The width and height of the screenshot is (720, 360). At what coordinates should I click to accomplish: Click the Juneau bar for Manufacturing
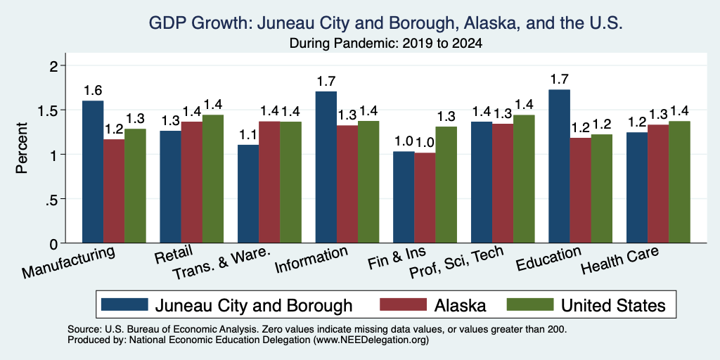coord(93,172)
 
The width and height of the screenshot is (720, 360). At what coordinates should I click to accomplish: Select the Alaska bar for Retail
coord(191,182)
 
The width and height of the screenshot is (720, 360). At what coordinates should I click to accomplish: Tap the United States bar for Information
coord(368,182)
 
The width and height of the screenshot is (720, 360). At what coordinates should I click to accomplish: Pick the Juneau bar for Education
coord(559,166)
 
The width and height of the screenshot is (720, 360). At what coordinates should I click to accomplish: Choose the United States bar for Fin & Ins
coord(446,185)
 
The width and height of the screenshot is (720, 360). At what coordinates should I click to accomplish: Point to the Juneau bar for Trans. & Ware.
coord(248,194)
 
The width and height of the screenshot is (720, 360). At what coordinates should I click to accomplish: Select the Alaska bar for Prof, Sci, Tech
coord(502,184)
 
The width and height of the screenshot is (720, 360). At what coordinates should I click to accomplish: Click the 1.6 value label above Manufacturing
coord(93,91)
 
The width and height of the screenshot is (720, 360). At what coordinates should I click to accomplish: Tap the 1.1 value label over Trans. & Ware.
coord(248,134)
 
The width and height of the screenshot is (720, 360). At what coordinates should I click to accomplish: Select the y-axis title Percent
coord(22,148)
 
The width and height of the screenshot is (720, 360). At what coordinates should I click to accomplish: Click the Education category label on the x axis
coord(548,259)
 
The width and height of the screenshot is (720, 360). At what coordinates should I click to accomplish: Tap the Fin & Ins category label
coord(397,259)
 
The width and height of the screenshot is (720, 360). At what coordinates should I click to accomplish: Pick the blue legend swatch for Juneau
coord(124,304)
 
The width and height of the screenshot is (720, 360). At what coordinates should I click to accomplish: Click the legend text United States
coord(613,305)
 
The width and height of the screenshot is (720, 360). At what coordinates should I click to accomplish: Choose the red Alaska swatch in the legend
coord(403,304)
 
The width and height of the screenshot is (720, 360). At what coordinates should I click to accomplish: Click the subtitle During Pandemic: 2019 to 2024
coord(386,44)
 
